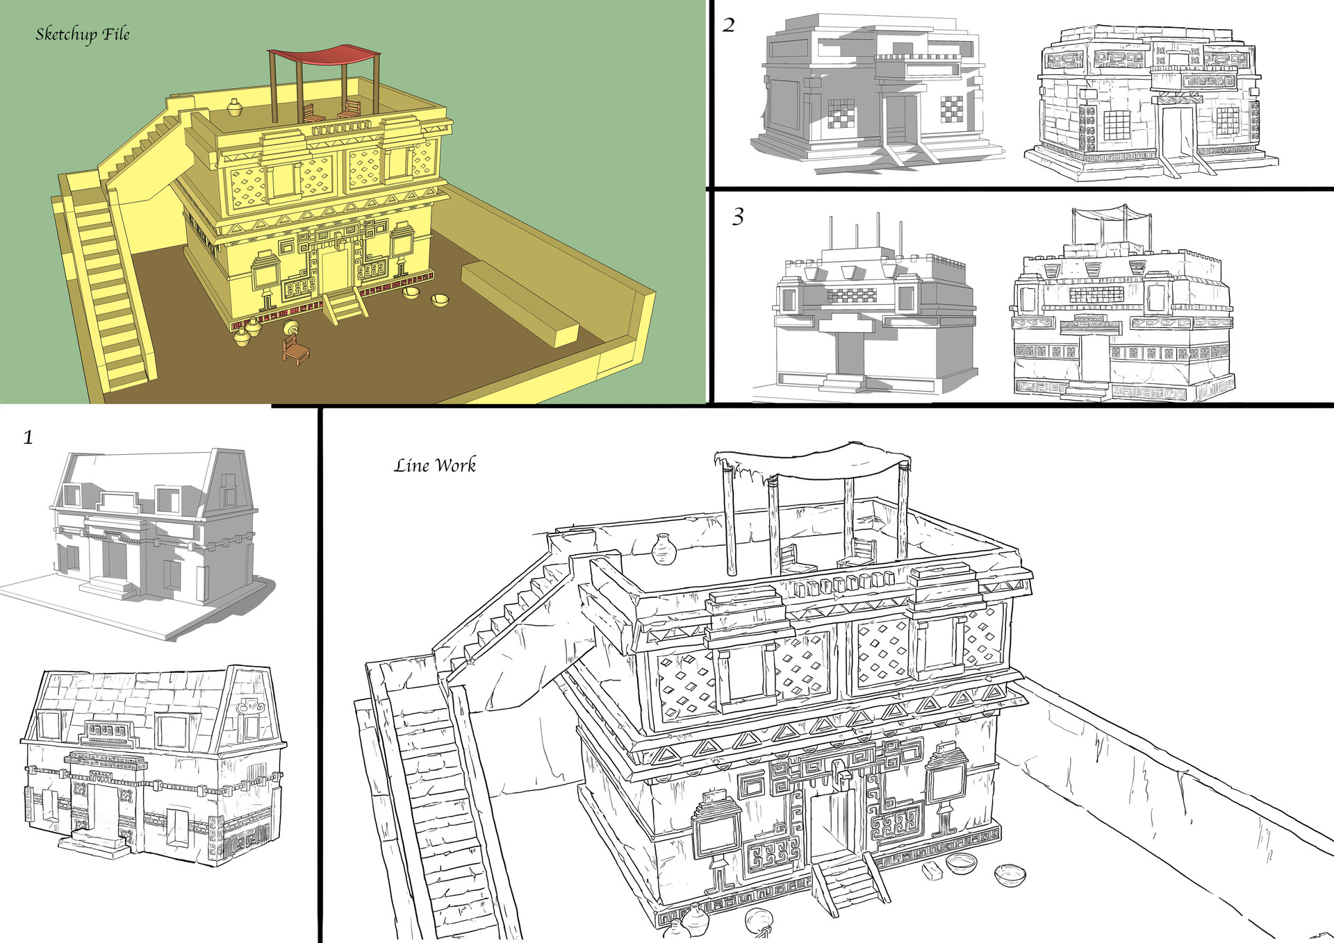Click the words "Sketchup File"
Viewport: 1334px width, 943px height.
point(83,34)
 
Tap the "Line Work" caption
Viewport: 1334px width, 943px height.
point(435,465)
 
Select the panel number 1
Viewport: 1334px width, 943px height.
point(28,437)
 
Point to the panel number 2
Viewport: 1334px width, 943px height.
point(728,25)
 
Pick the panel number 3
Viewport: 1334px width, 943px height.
point(738,217)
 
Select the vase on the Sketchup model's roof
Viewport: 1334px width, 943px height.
point(235,106)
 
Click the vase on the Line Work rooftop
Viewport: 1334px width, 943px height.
point(664,549)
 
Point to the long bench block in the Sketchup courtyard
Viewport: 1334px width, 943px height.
point(520,303)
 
